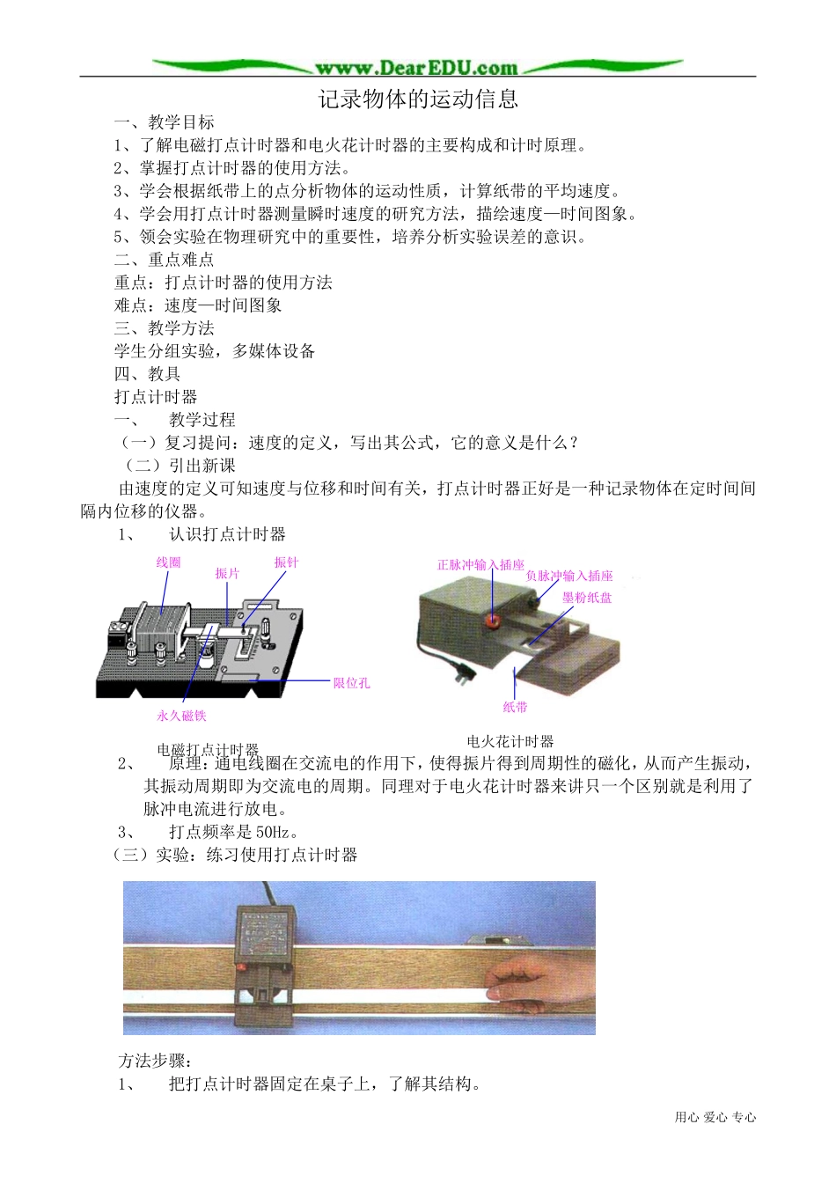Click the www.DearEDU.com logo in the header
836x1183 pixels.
(417, 68)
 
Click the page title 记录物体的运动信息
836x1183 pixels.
(418, 99)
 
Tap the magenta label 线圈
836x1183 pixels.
(168, 562)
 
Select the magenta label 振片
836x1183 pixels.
(227, 574)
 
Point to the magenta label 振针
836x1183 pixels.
(286, 562)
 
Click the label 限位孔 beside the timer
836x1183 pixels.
(351, 683)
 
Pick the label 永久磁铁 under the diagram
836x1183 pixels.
(181, 716)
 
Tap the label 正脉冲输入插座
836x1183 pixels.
(480, 565)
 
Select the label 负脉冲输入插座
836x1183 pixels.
(569, 576)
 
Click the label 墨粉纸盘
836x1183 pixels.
(587, 598)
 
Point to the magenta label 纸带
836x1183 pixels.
(515, 707)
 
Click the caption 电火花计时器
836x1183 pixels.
(510, 741)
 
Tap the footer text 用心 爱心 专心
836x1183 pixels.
(715, 1117)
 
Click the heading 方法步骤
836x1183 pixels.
(155, 1062)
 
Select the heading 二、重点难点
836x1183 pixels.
(164, 260)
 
